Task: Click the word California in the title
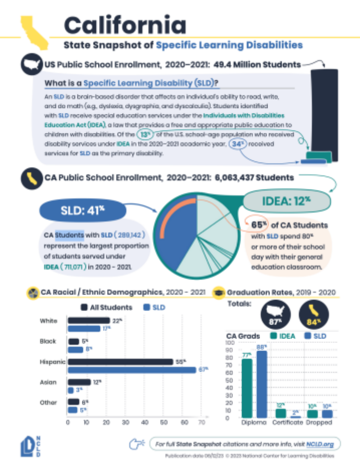pyautogui.click(x=125, y=25)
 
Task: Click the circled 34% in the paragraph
pyautogui.click(x=236, y=144)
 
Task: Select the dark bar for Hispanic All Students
pyautogui.click(x=120, y=361)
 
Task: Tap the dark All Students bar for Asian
pyautogui.click(x=79, y=382)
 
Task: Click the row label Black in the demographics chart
pyautogui.click(x=47, y=341)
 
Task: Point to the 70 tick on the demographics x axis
pyautogui.click(x=202, y=422)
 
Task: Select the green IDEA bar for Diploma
pyautogui.click(x=247, y=388)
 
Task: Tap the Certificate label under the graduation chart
pyautogui.click(x=287, y=422)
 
